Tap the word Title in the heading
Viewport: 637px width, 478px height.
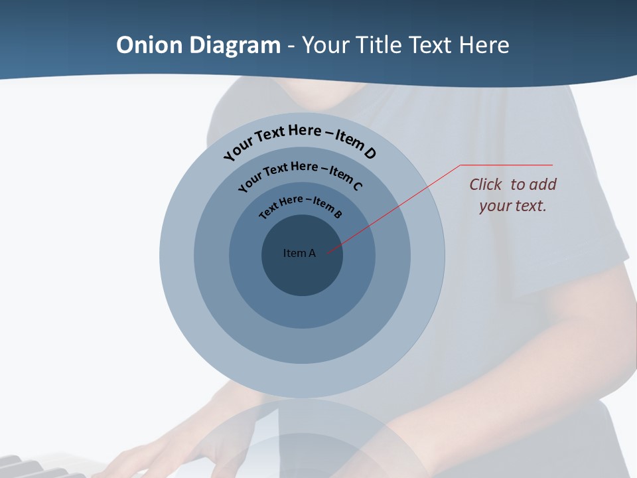(380, 45)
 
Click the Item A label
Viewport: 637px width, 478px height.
(299, 253)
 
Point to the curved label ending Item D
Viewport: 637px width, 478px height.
(300, 140)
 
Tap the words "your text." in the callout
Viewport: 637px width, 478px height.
(512, 206)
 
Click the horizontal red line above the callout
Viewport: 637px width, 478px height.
(506, 165)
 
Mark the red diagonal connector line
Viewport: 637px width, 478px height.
(398, 206)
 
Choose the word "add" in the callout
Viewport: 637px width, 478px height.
(542, 185)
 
